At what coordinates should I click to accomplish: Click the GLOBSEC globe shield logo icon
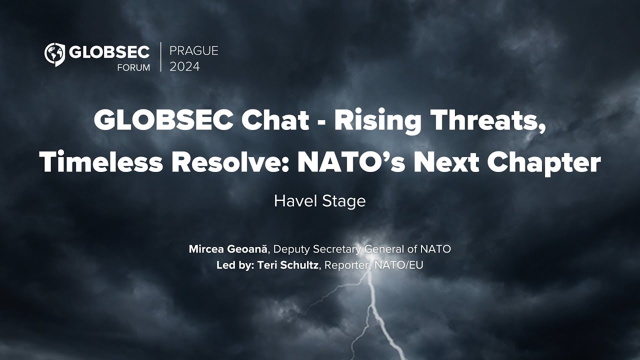tap(54, 54)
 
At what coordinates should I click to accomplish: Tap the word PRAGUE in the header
tap(194, 51)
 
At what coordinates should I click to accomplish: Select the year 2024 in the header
tap(184, 67)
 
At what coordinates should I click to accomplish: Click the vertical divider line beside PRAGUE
tap(160, 57)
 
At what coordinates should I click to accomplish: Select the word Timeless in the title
tap(101, 162)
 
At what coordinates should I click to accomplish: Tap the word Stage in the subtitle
tap(343, 201)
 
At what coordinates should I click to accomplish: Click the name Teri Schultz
tap(287, 265)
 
